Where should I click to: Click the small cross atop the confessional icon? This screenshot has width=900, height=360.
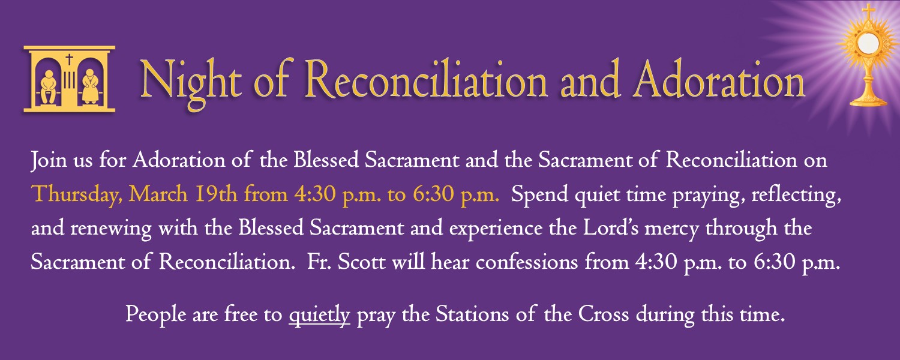[x=69, y=59]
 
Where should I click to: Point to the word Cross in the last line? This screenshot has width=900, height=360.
[x=605, y=314]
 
